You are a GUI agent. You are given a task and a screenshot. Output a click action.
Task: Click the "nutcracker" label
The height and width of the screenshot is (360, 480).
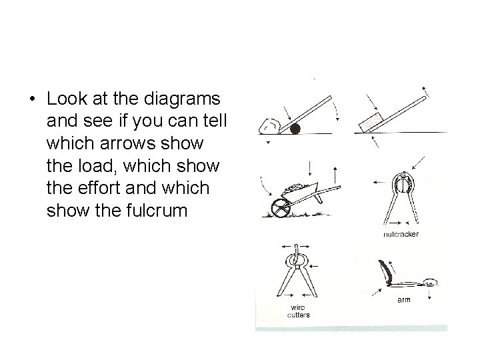(401, 235)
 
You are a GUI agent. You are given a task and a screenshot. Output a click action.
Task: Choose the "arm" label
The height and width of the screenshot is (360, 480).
(404, 300)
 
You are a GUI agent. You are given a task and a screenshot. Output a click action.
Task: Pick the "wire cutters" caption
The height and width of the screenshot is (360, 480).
(297, 311)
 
